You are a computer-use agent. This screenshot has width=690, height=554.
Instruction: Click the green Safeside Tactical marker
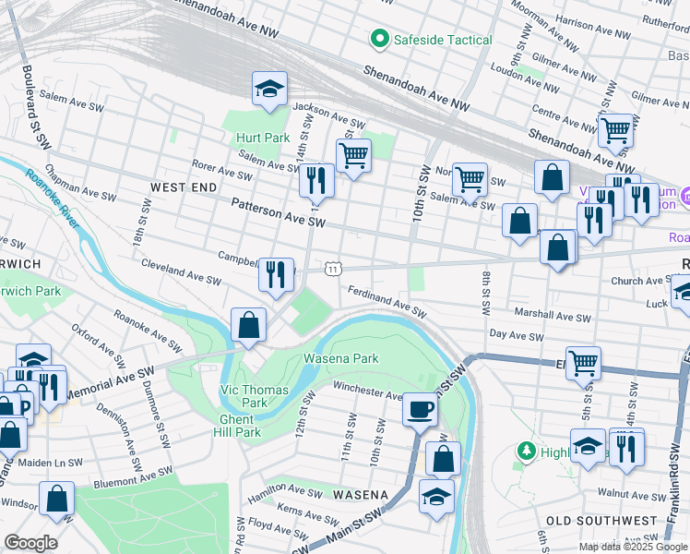click(x=378, y=39)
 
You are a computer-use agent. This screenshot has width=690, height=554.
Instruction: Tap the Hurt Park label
click(x=263, y=138)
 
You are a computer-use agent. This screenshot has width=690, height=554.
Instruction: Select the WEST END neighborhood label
click(x=183, y=187)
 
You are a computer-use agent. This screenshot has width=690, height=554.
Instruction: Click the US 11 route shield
click(x=333, y=268)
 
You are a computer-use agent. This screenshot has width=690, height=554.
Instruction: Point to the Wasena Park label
click(x=341, y=358)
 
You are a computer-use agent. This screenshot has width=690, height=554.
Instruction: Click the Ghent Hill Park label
click(x=239, y=425)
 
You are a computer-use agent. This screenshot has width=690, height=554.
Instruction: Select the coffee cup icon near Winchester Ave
click(x=420, y=408)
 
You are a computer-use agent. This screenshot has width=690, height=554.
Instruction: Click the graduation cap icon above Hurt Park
click(x=270, y=89)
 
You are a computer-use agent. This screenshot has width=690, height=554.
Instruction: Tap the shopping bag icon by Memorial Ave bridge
click(x=248, y=325)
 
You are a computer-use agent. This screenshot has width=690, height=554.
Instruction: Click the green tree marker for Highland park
click(x=527, y=451)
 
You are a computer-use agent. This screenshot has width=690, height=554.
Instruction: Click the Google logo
click(x=30, y=542)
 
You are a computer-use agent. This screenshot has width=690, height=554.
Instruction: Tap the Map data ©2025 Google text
click(x=632, y=547)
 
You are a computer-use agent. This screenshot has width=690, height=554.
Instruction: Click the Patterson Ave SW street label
click(x=278, y=211)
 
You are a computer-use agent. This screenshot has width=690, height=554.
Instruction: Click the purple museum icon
click(x=684, y=197)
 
